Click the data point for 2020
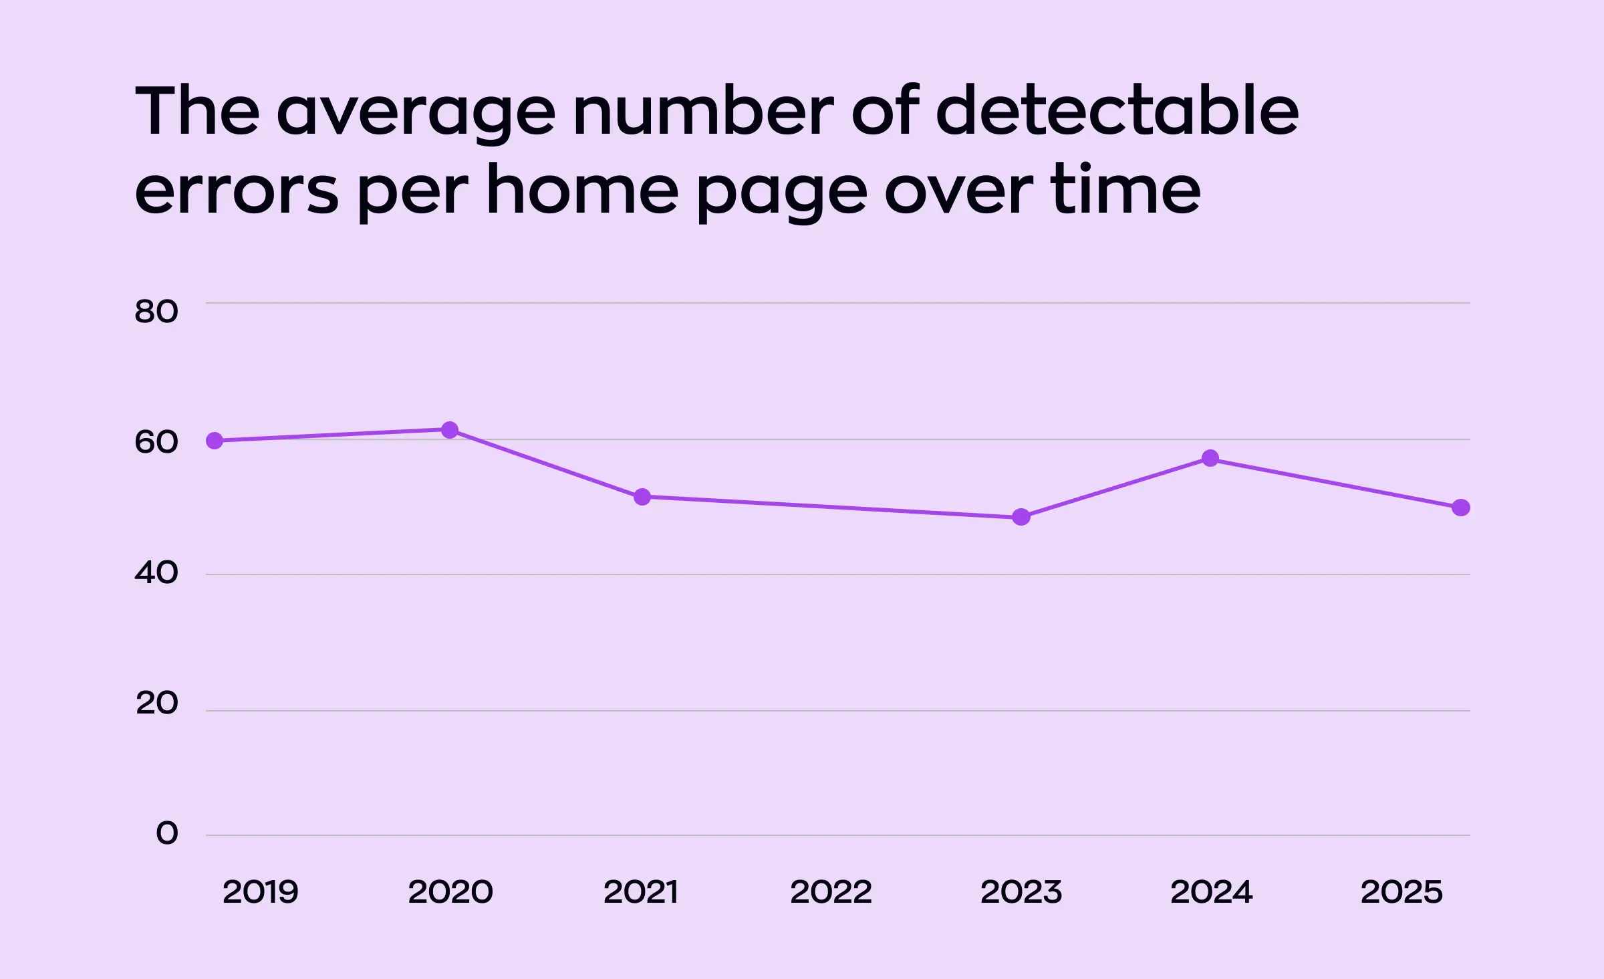point(450,430)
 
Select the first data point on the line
point(215,441)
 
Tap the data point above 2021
point(642,497)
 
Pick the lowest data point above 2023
point(1021,517)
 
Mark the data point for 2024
point(1210,459)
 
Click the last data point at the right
point(1461,508)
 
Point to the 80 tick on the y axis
point(156,312)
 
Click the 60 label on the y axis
point(156,442)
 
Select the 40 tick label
point(156,572)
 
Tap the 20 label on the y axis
point(157,703)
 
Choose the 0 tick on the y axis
point(167,833)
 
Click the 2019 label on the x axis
point(260,892)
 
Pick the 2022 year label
point(831,892)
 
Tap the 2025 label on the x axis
point(1401,892)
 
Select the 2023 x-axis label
point(1021,892)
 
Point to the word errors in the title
point(237,192)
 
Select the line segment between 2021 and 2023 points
point(831,507)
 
